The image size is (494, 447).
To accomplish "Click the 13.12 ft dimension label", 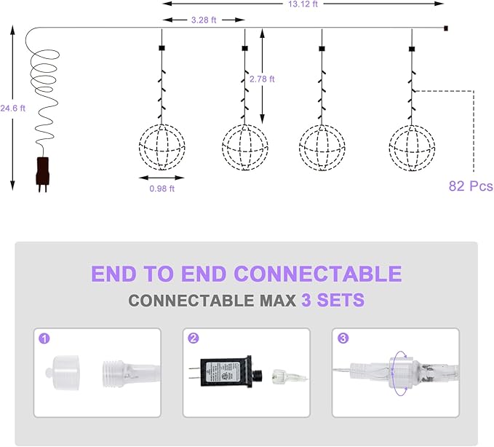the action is pos(303,4).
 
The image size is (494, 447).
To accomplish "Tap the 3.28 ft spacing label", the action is pos(204,20).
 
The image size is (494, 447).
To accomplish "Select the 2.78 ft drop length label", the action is pos(262,79).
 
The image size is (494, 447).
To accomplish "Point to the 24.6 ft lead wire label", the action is pos(12,108).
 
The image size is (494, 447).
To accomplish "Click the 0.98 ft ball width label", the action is pos(162,189).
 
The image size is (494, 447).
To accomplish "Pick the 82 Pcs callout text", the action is pos(471,186).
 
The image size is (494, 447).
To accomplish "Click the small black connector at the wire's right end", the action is pos(446,28).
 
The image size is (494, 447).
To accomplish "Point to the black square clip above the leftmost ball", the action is pos(162,48).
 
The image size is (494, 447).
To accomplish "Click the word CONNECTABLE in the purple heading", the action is pos(318,273).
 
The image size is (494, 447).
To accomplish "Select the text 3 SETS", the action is pos(333,300).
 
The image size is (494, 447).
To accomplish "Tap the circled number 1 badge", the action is pos(44,339).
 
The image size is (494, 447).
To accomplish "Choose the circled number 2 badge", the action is pos(193,339).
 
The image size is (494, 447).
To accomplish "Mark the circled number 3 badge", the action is pos(343,339).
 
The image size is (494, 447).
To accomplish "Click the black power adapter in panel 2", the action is pos(226,372).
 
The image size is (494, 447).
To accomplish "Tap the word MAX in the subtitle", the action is pos(278,301).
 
